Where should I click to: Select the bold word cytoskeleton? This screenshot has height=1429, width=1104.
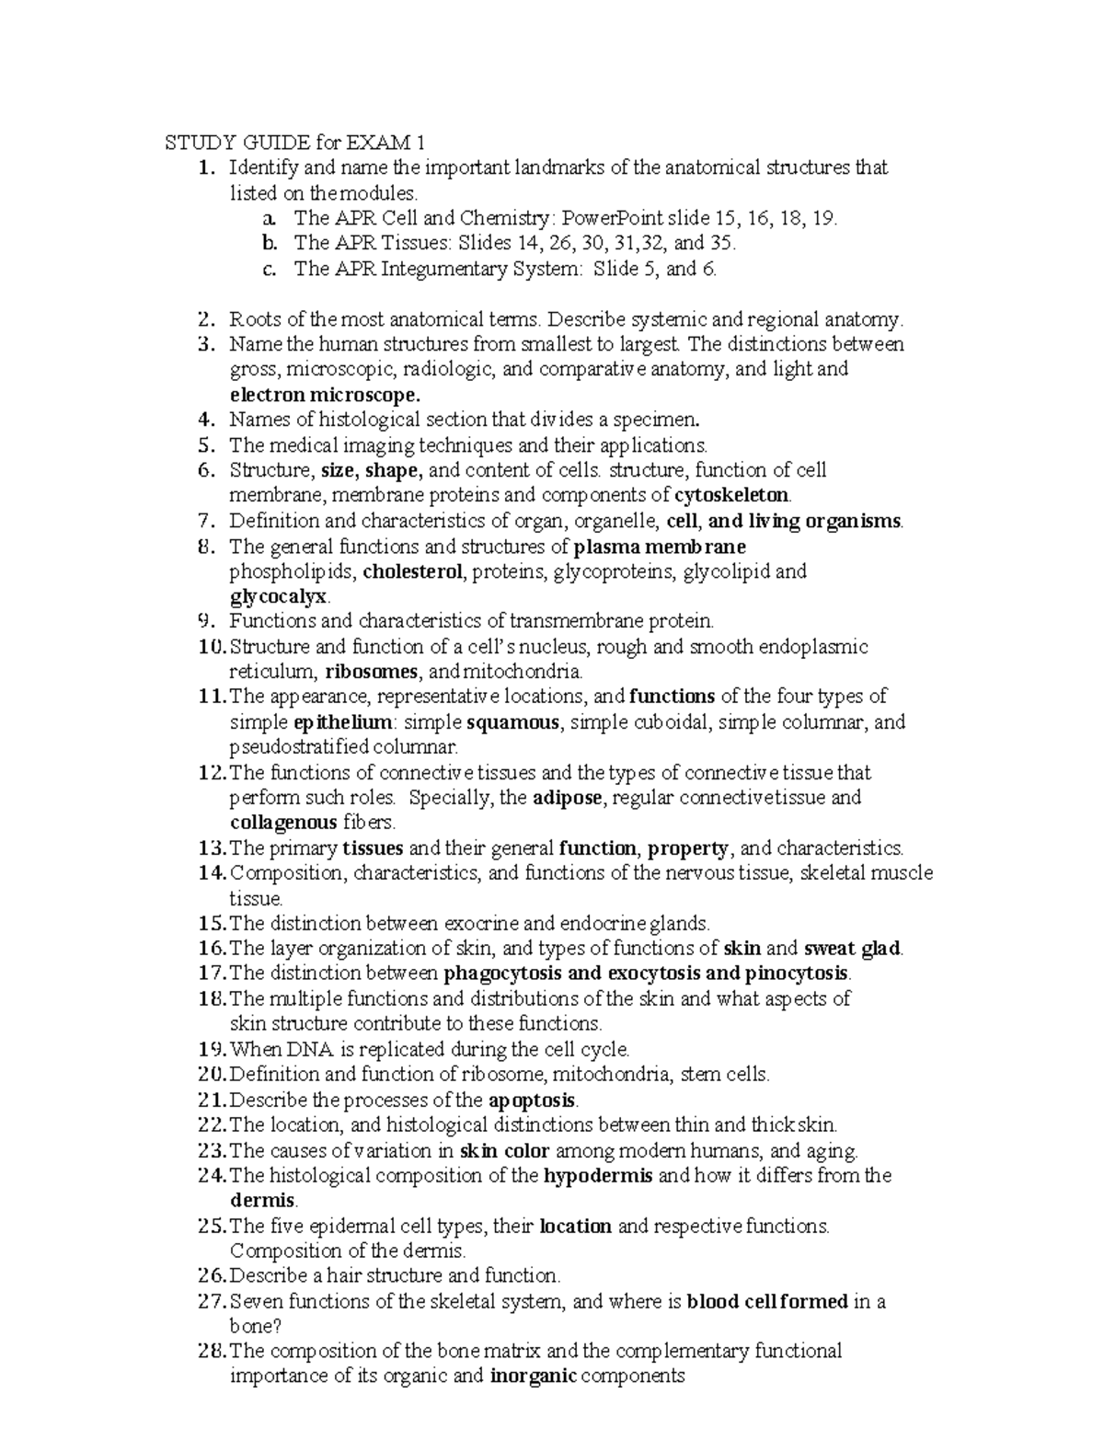(x=731, y=496)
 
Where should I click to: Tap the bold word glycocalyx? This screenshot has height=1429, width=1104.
(x=278, y=596)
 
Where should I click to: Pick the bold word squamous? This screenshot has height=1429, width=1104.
(x=513, y=722)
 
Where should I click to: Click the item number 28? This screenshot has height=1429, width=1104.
(x=211, y=1352)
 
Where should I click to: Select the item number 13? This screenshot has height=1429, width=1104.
(x=211, y=847)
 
